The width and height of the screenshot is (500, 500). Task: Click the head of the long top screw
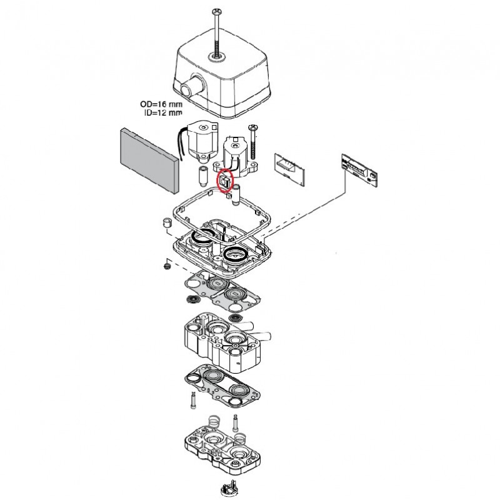tap(217, 11)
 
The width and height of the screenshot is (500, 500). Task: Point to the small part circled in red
tap(224, 181)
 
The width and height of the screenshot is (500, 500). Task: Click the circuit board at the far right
tap(357, 169)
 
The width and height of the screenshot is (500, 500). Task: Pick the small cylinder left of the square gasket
tap(167, 223)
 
